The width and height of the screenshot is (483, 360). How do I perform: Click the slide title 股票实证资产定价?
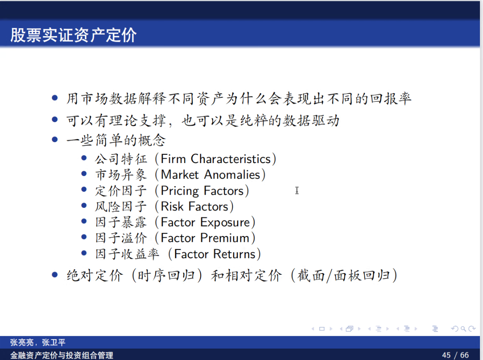tap(73, 35)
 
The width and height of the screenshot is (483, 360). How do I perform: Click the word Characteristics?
tap(231, 159)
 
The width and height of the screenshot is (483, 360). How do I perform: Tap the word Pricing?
tap(180, 191)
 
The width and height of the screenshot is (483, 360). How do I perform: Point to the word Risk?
tap(172, 207)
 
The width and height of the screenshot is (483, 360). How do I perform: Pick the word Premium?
tap(225, 238)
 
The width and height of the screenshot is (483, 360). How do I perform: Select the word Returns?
tap(235, 254)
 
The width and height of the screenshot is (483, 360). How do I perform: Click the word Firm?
tap(173, 159)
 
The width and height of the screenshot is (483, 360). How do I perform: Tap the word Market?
tap(180, 175)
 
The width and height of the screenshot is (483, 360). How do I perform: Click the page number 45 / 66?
tap(455, 355)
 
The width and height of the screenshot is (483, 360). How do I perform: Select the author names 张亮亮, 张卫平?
tap(37, 343)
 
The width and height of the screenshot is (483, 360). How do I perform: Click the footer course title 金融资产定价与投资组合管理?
tap(62, 355)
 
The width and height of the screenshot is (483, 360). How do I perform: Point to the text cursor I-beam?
tap(297, 190)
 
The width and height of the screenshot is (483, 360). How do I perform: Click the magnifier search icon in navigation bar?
tap(463, 329)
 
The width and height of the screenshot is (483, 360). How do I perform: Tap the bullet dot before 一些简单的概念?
tap(55, 140)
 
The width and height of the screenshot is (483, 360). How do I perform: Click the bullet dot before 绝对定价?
tap(55, 275)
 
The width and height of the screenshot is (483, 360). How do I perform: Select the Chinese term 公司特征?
tap(121, 159)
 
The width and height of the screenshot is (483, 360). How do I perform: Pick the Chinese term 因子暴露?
tap(121, 223)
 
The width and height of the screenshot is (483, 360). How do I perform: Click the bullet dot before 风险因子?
tap(84, 206)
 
